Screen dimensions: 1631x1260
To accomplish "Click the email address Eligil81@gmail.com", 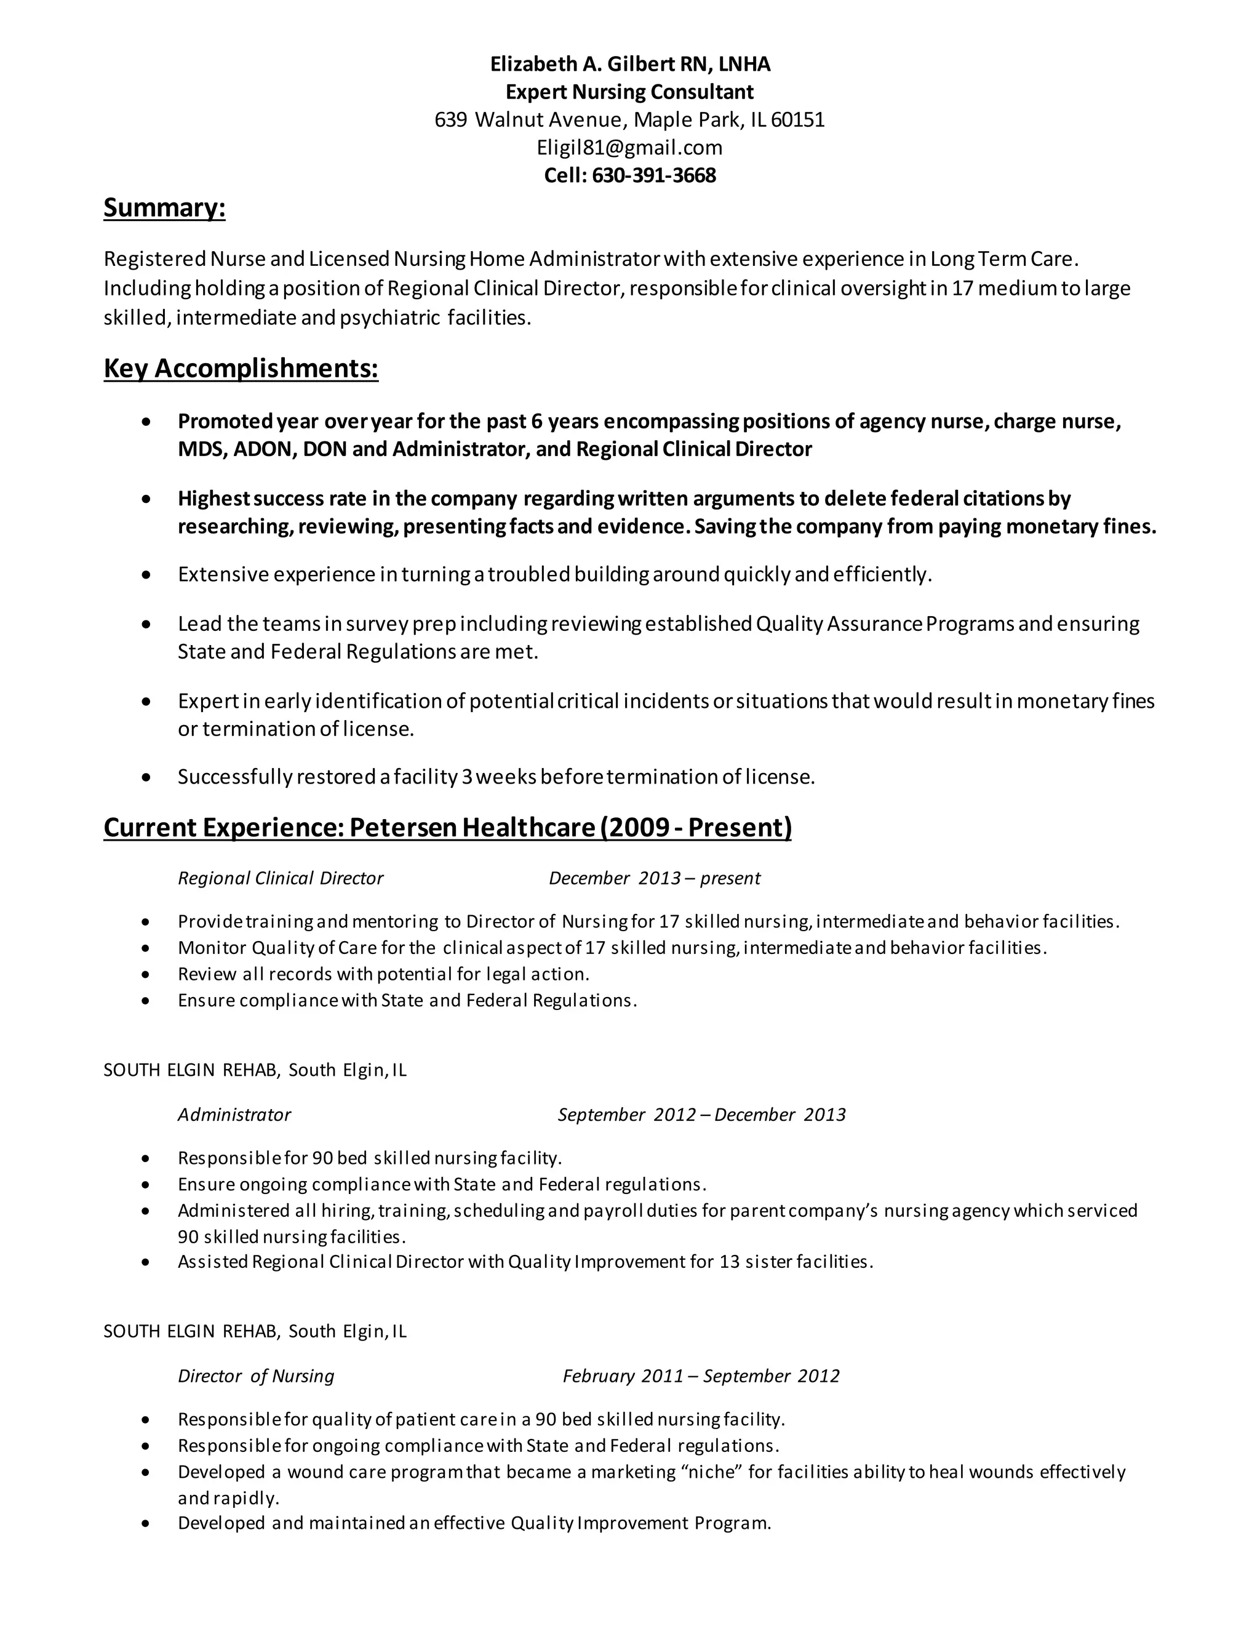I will tap(629, 147).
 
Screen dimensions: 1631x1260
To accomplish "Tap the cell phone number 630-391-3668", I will tap(653, 175).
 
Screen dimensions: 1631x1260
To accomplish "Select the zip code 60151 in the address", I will tap(797, 119).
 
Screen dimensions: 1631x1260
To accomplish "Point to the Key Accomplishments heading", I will tap(241, 368).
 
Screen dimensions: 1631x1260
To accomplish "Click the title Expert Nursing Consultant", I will tap(629, 92).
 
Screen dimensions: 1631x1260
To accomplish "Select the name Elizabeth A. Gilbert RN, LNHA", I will tap(629, 64).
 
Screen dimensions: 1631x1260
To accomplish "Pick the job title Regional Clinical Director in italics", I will tap(280, 878).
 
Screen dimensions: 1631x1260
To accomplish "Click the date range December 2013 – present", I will tap(654, 878).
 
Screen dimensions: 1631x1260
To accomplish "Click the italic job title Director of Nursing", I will tap(255, 1376).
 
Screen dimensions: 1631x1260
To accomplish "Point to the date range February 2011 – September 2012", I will tap(700, 1376).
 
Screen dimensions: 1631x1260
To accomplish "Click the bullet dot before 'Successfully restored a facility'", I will tap(146, 778).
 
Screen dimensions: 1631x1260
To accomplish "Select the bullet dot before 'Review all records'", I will tap(146, 974).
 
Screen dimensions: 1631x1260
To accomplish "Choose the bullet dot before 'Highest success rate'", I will tap(146, 499).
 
